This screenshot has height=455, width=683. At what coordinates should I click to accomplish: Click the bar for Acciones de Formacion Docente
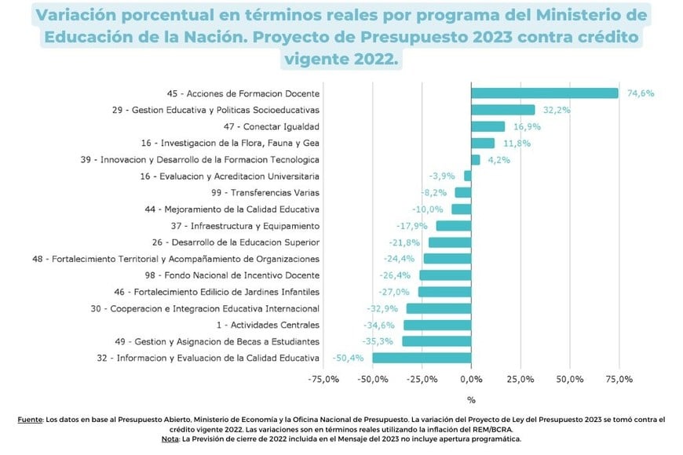pos(544,93)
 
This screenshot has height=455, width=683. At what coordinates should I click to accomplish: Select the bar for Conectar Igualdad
pos(488,126)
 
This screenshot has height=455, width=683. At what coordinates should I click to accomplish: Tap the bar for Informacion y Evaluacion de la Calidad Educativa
pos(422,358)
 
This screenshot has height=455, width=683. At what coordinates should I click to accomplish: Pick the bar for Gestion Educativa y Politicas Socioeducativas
pos(502,110)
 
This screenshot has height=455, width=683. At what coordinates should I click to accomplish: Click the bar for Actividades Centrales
pos(437,325)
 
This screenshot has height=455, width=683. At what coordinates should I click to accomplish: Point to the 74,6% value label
pos(640,93)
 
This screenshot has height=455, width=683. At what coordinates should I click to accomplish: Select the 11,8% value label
pos(516,143)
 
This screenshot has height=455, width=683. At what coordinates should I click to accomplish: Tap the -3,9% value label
pos(442,176)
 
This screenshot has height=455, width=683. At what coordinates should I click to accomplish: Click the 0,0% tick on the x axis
pos(471,380)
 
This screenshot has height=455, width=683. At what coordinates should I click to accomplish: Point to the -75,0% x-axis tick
pos(323,380)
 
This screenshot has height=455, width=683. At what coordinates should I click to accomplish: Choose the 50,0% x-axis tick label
pos(570,380)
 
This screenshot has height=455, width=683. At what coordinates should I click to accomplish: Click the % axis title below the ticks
pos(471,400)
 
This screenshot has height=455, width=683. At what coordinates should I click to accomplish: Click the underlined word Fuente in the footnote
pos(30,420)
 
